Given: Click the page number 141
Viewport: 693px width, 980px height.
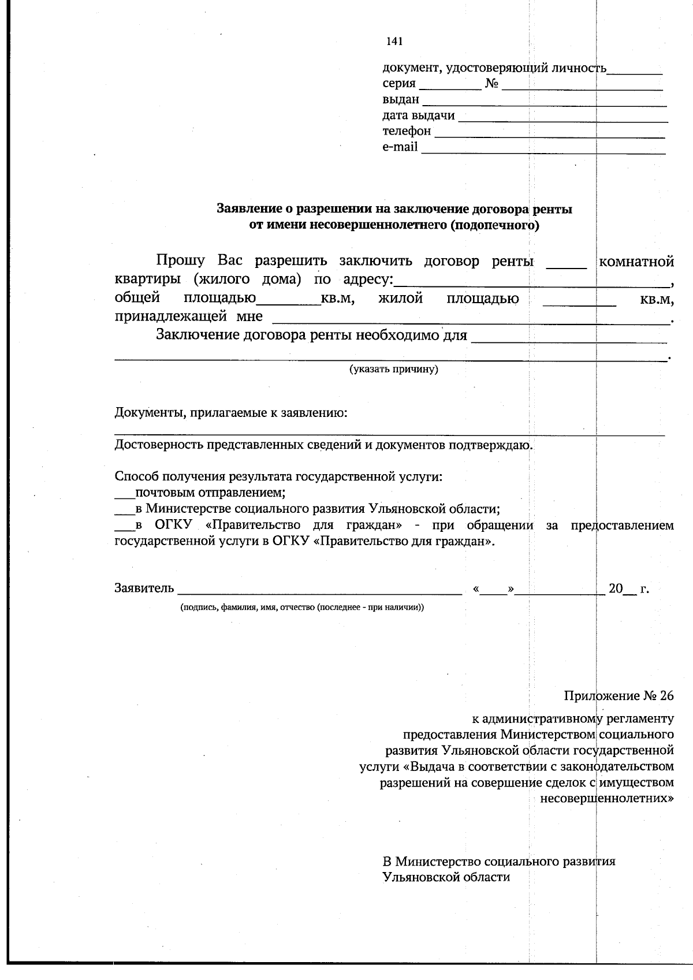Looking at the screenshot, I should pos(394,41).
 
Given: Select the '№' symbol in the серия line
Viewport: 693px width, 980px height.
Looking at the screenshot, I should pos(492,84).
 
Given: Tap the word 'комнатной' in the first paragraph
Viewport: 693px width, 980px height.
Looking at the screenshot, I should pos(636,262).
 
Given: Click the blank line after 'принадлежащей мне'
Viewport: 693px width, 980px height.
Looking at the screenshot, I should pos(471,319).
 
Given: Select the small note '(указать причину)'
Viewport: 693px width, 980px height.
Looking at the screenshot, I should pos(393,369).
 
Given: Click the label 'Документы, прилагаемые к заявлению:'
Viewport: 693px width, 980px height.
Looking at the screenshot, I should pos(231,413).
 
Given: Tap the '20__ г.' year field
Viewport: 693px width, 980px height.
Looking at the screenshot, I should pos(628,589).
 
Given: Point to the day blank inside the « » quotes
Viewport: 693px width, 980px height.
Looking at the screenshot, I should pos(494,591).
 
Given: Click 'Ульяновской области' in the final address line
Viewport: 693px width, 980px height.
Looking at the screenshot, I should pos(446,877).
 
